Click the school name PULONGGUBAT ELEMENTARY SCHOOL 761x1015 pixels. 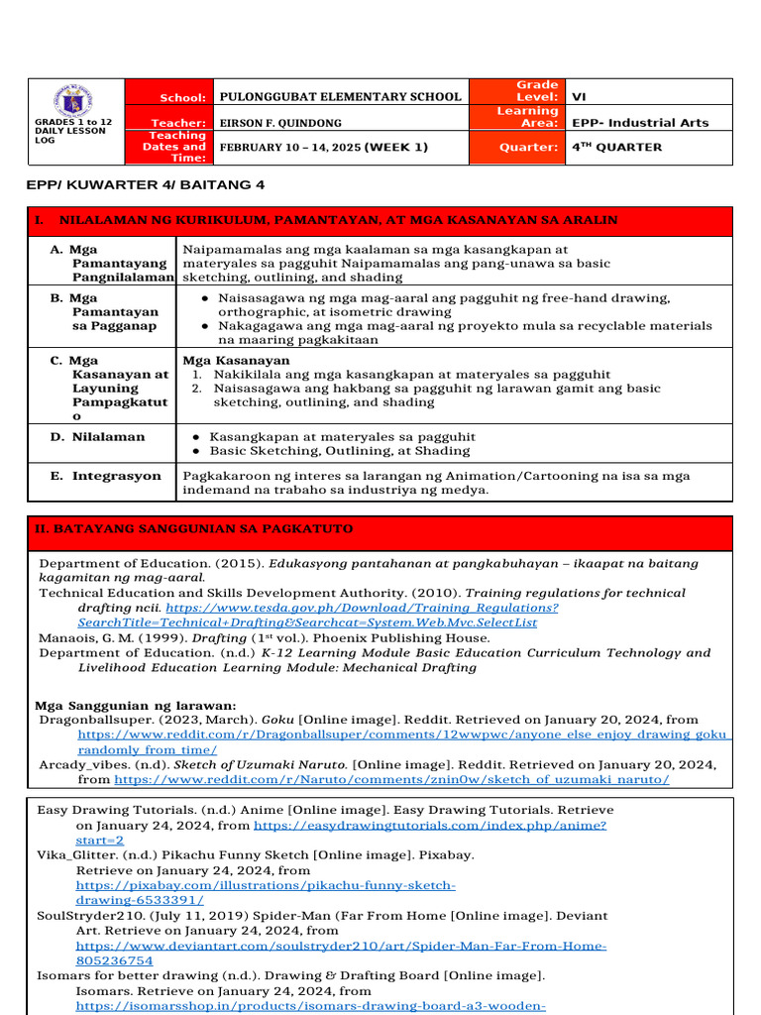pyautogui.click(x=340, y=97)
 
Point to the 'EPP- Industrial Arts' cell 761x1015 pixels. pyautogui.click(x=640, y=123)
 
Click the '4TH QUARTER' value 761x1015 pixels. pyautogui.click(x=617, y=147)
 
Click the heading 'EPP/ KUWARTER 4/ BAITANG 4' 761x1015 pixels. pyautogui.click(x=145, y=185)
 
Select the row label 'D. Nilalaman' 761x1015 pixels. pyautogui.click(x=98, y=437)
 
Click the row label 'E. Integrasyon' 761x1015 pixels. pyautogui.click(x=106, y=476)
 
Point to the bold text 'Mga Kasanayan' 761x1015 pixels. pyautogui.click(x=237, y=361)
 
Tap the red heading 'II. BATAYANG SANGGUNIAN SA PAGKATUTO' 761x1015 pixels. pyautogui.click(x=194, y=530)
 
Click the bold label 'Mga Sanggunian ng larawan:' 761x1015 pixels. pyautogui.click(x=136, y=705)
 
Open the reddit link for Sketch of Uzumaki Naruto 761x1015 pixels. pyautogui.click(x=391, y=780)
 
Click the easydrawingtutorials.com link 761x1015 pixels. pyautogui.click(x=430, y=825)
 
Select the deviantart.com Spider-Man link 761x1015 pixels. pyautogui.click(x=341, y=947)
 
